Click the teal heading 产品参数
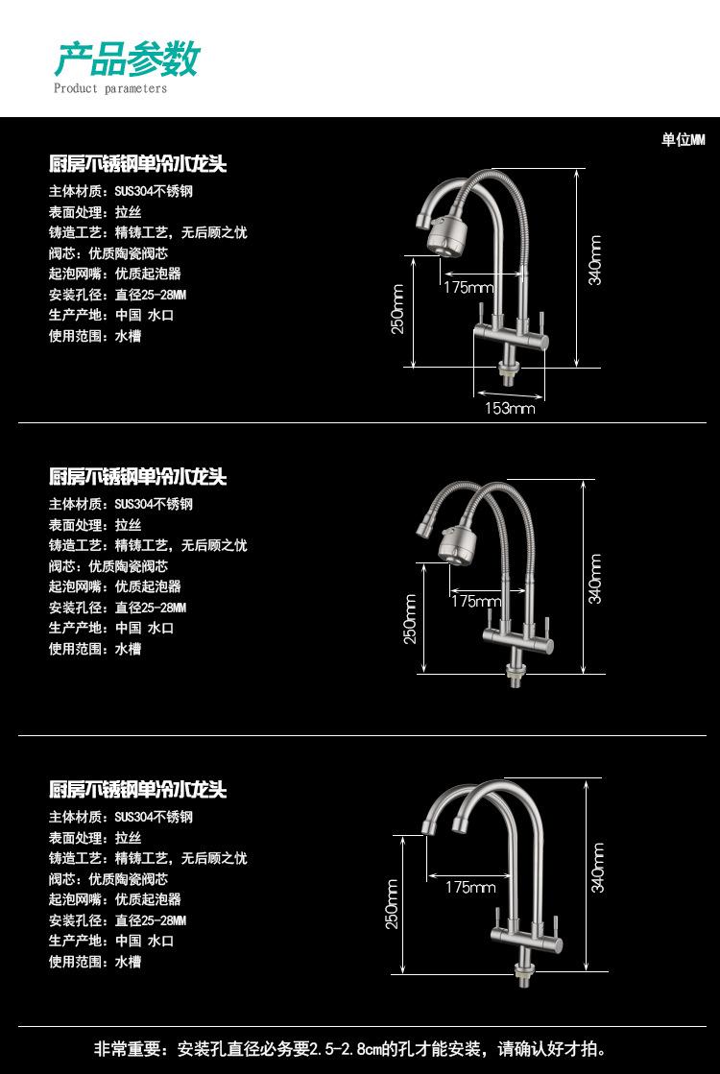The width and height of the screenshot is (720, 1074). click(x=127, y=59)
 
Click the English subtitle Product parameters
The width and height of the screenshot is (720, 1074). click(x=110, y=88)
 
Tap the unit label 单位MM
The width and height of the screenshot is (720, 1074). click(x=683, y=140)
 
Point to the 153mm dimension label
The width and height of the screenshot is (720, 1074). click(x=510, y=408)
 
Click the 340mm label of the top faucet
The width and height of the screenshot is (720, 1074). click(x=595, y=260)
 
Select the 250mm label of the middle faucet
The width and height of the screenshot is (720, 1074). click(x=410, y=618)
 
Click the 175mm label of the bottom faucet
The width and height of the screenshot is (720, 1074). click(x=470, y=887)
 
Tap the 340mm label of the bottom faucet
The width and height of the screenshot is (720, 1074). click(x=597, y=867)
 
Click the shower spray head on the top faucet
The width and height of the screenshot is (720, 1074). click(x=444, y=236)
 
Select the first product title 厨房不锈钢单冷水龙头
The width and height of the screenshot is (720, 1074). click(x=137, y=164)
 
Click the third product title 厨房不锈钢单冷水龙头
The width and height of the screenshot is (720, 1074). click(x=137, y=789)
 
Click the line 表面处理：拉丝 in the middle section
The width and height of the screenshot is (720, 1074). click(x=95, y=525)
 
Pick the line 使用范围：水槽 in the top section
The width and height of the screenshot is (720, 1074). click(x=95, y=336)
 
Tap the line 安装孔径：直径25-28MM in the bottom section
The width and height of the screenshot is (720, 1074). click(x=118, y=919)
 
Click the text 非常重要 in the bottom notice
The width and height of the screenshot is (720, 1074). click(x=128, y=1049)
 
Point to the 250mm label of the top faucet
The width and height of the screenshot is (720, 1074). click(x=397, y=309)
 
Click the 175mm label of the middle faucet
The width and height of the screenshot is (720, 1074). click(x=477, y=601)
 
